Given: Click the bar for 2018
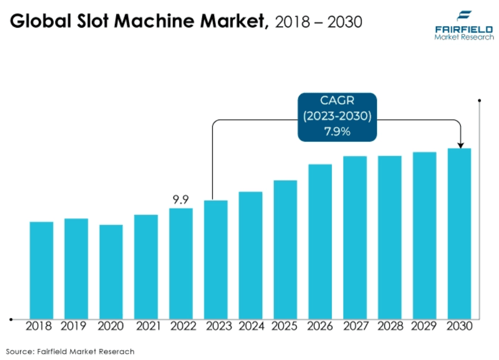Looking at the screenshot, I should [x=41, y=270].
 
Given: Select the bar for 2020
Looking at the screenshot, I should [x=111, y=271].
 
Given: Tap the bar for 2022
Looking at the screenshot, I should [x=181, y=263].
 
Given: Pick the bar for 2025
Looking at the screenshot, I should [x=286, y=250].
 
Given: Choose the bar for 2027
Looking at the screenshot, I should [x=355, y=237].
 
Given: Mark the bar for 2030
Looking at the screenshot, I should [x=460, y=234].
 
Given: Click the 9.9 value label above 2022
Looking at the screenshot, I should [x=181, y=200].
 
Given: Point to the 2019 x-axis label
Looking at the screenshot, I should [x=76, y=326].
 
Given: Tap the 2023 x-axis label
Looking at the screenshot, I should [x=216, y=326].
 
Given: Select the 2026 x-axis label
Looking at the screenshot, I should [x=320, y=326].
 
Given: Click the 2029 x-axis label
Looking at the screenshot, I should [x=425, y=326].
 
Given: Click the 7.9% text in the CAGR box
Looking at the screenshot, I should [x=337, y=132].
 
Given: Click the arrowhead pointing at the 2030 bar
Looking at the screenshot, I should [x=460, y=145].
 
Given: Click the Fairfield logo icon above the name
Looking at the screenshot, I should [x=464, y=15].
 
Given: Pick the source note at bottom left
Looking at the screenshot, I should [x=70, y=352].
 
